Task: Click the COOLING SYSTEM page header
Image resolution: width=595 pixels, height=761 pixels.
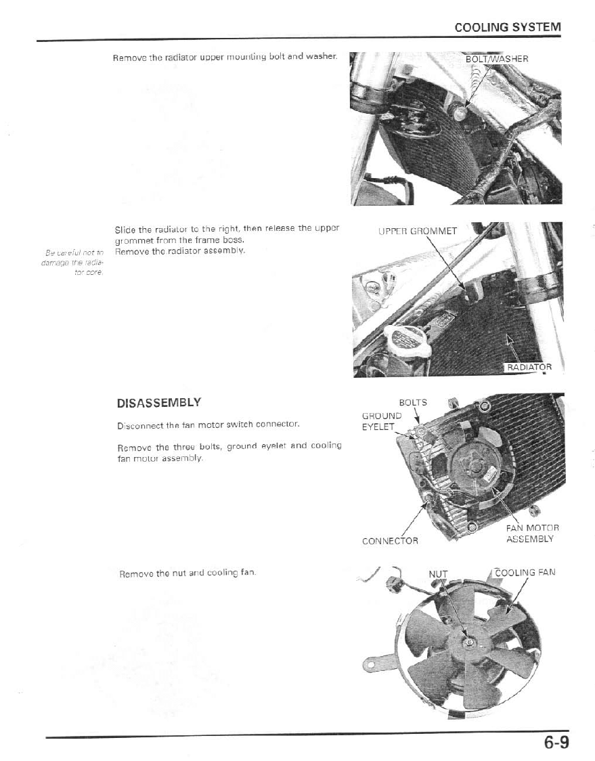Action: (508, 28)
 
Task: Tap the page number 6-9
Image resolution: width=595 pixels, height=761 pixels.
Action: (555, 743)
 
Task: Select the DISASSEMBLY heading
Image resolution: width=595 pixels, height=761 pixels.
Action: (159, 403)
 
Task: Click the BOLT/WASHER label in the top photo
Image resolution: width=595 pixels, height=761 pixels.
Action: (497, 59)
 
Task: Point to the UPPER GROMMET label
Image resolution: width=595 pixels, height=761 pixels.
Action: (418, 230)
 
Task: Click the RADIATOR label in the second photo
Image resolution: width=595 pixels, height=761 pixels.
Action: (530, 367)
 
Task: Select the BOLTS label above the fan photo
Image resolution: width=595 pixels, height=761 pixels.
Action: (413, 402)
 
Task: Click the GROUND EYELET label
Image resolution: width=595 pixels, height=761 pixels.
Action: (382, 422)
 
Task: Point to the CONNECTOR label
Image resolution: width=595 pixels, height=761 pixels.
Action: (390, 541)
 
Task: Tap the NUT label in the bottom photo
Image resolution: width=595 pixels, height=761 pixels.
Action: (438, 574)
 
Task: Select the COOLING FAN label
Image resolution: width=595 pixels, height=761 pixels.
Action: (525, 572)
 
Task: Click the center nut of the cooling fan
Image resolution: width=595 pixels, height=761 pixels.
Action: (467, 640)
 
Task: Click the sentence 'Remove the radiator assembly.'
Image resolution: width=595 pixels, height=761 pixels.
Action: (179, 251)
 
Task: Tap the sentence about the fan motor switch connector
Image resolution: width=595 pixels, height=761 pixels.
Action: (208, 426)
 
